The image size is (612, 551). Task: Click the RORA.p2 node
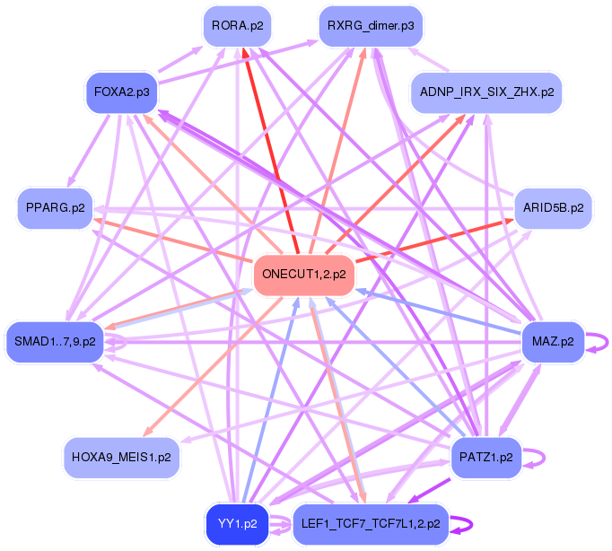pyautogui.click(x=238, y=26)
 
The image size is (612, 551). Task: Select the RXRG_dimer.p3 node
pyautogui.click(x=371, y=26)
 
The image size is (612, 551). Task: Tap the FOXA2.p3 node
pyautogui.click(x=121, y=92)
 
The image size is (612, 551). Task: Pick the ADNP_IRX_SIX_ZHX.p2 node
pyautogui.click(x=486, y=92)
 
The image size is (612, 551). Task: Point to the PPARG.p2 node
pyautogui.click(x=56, y=208)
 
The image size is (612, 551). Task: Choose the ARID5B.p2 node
pyautogui.click(x=553, y=207)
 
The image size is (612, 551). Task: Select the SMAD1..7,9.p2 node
pyautogui.click(x=55, y=342)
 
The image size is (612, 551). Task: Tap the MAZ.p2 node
pyautogui.click(x=553, y=341)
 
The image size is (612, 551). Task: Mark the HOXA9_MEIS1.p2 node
pyautogui.click(x=123, y=457)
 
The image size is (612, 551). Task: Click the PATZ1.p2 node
pyautogui.click(x=485, y=457)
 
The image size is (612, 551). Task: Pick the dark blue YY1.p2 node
pyautogui.click(x=238, y=523)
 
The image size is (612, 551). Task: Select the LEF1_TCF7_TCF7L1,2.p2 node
pyautogui.click(x=371, y=523)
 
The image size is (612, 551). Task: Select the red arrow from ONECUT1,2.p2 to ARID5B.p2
pyautogui.click(x=431, y=240)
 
